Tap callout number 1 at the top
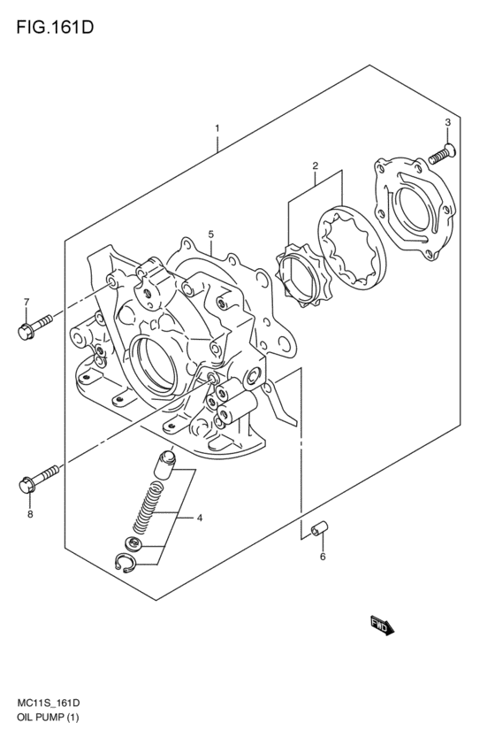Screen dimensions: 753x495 [x=217, y=129]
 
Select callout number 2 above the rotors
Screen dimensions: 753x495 [x=315, y=166]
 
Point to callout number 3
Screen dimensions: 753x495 [x=448, y=122]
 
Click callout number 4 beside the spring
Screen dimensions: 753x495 [x=200, y=517]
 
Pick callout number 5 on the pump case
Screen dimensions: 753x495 [x=211, y=234]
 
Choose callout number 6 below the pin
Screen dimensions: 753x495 [x=323, y=557]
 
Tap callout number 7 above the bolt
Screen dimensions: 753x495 [x=27, y=303]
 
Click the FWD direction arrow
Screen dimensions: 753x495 [x=381, y=626]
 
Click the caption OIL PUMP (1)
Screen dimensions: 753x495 [x=45, y=718]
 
